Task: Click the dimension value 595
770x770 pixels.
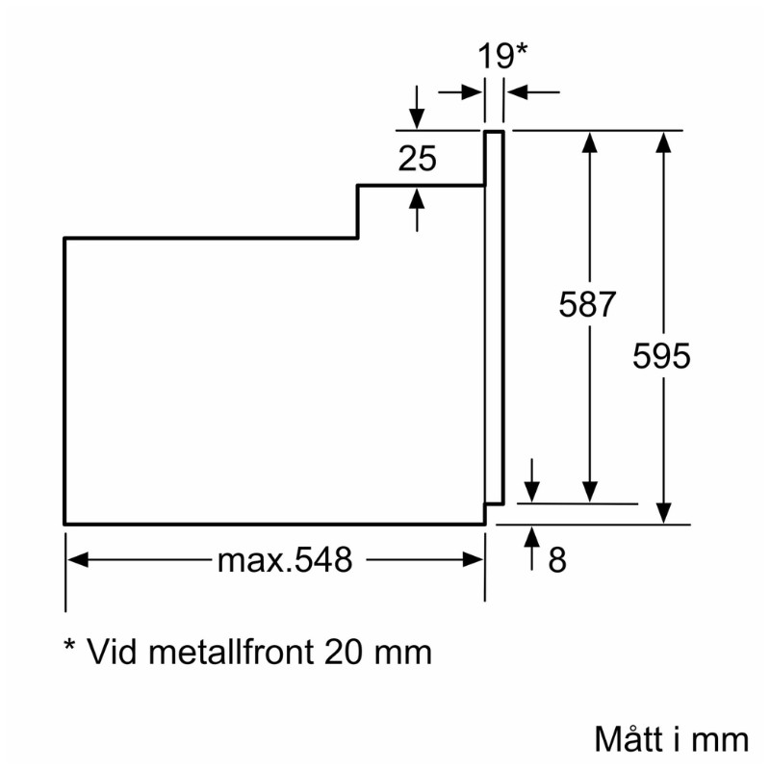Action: point(662,356)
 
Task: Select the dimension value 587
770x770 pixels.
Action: point(587,305)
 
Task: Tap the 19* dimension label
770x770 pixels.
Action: point(502,56)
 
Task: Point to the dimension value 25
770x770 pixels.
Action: point(418,159)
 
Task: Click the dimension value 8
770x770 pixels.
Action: point(557,561)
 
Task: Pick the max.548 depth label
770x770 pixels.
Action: point(285,560)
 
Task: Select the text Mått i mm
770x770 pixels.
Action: point(671,739)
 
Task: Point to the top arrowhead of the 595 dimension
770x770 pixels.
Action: point(662,141)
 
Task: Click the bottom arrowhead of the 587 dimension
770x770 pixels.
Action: point(590,493)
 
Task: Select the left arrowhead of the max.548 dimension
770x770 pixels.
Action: point(76,560)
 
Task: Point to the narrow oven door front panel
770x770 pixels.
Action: point(494,318)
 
